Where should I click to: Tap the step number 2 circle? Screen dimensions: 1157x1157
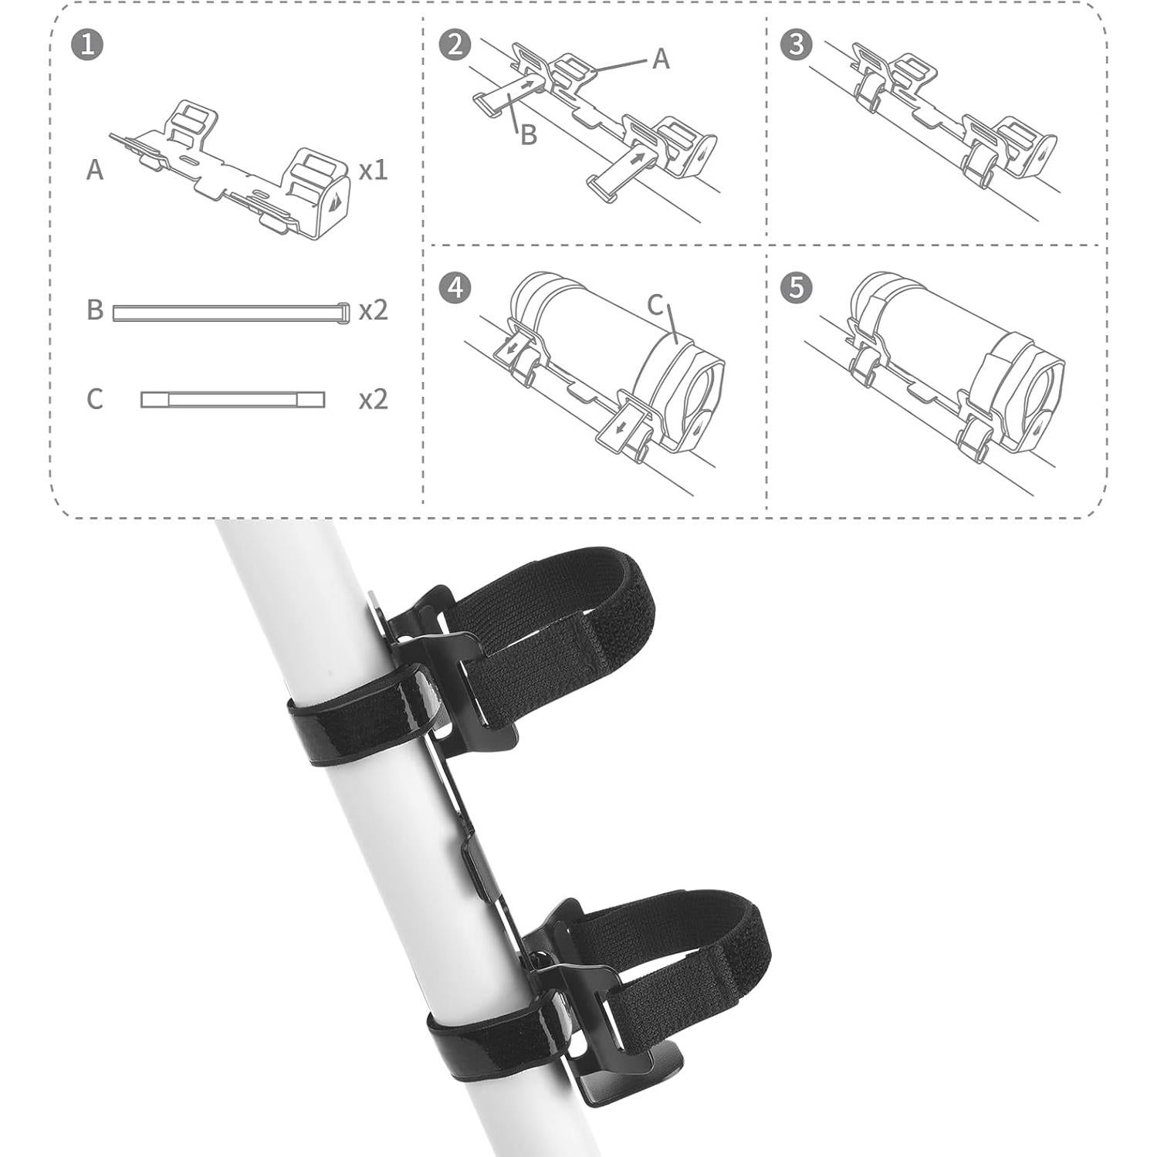[x=455, y=45]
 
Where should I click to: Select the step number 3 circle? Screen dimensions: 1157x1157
[x=797, y=45]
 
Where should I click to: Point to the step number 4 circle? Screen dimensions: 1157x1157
[x=455, y=288]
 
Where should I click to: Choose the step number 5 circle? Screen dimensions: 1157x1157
[x=797, y=288]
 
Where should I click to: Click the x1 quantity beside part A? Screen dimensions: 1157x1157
[x=373, y=171]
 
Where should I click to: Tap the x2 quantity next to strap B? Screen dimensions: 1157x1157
[x=373, y=310]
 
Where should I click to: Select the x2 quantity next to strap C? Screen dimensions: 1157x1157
[x=373, y=400]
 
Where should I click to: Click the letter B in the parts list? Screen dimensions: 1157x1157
[x=95, y=310]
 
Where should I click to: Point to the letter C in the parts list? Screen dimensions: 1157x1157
[x=95, y=400]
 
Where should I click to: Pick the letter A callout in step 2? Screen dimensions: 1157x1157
[x=661, y=59]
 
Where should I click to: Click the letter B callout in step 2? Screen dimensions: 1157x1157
[x=529, y=135]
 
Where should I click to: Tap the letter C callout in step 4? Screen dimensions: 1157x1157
[x=655, y=306]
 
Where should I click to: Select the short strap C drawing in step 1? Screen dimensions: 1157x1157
[x=232, y=400]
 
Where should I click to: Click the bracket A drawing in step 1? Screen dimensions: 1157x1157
[x=232, y=174]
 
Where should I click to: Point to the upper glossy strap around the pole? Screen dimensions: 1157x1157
[x=363, y=718]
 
